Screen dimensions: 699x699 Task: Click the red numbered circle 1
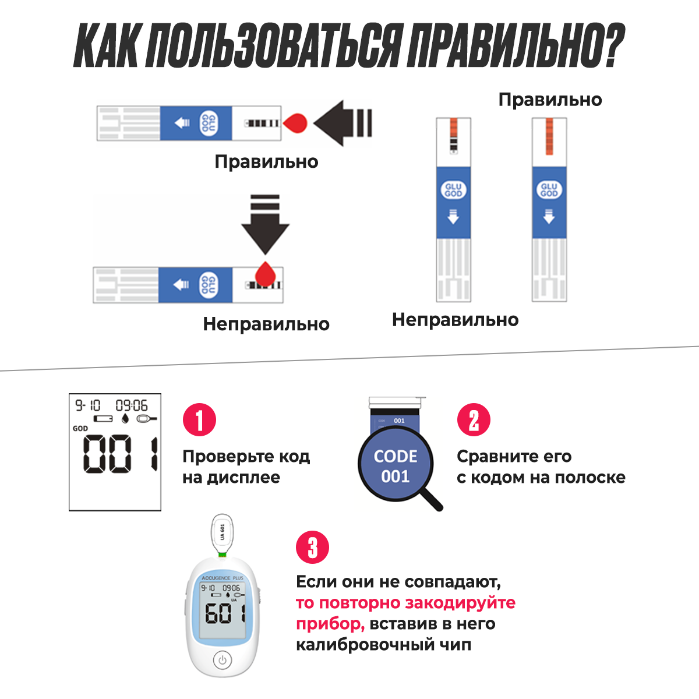click(199, 420)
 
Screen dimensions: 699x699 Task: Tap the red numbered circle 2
click(474, 420)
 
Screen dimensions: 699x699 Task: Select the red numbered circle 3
click(313, 548)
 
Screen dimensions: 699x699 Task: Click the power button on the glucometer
click(221, 661)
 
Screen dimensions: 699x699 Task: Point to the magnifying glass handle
click(432, 499)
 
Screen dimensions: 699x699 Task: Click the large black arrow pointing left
click(343, 123)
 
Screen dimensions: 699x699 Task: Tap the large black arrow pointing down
click(266, 224)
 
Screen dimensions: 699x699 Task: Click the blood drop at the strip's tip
click(295, 123)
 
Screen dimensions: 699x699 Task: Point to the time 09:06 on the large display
click(131, 405)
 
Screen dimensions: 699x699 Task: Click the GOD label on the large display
click(80, 428)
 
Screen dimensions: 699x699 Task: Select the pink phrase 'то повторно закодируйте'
click(405, 602)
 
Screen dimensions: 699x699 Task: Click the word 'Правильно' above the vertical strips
click(550, 100)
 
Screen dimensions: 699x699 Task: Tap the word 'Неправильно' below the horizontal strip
click(266, 324)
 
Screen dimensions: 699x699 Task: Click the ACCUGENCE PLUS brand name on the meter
click(222, 578)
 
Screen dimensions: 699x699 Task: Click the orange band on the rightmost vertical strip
click(549, 136)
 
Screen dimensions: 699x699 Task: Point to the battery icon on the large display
click(103, 419)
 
